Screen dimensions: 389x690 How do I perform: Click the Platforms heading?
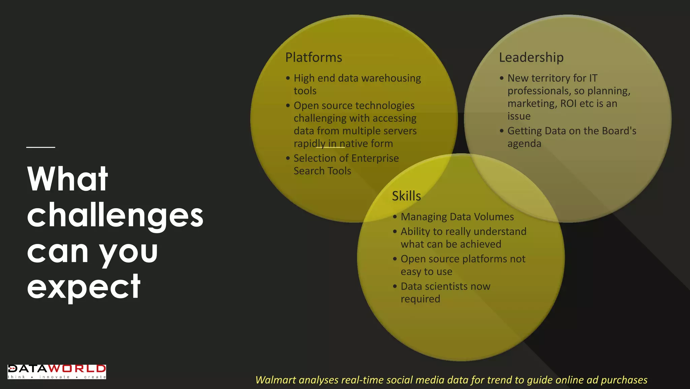[x=314, y=58]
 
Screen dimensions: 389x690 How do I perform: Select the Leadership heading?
[x=531, y=58]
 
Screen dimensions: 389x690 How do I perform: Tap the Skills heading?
[x=406, y=196]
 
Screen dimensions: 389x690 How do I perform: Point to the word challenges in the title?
[x=115, y=216]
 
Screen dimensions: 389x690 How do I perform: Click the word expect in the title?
[x=84, y=287]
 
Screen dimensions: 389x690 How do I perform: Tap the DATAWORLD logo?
[x=57, y=371]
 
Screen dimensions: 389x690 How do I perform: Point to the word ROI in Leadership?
[x=568, y=103]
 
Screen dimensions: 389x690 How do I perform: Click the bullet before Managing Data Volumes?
[x=395, y=217]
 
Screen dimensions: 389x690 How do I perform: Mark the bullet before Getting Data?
[x=502, y=131]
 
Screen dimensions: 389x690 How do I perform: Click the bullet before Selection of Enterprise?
[x=288, y=158]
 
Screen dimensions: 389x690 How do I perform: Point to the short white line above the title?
[x=41, y=147]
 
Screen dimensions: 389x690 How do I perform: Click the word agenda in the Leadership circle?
[x=524, y=144]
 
